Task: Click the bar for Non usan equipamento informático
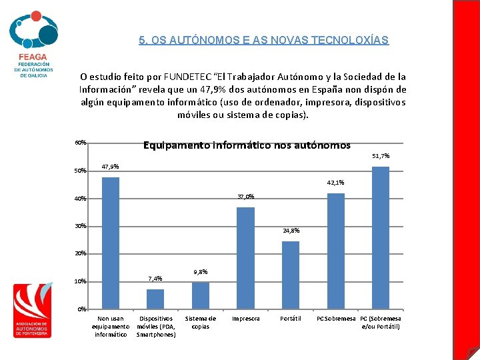[x=110, y=243]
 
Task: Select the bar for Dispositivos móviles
[x=155, y=299]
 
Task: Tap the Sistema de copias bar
[x=201, y=295]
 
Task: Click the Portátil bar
[x=291, y=275]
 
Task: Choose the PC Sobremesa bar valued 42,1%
[x=336, y=251]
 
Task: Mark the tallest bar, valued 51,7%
[x=381, y=237]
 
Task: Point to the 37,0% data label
[x=245, y=197]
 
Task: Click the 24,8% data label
[x=291, y=231]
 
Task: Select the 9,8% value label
[x=200, y=271]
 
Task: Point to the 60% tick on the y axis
[x=81, y=143]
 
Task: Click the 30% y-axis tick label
[x=81, y=226]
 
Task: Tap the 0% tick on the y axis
[x=82, y=309]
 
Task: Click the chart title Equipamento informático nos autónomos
[x=247, y=145]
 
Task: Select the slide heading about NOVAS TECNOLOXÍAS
[x=263, y=40]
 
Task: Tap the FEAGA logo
[x=33, y=43]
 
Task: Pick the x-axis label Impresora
[x=245, y=319]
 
